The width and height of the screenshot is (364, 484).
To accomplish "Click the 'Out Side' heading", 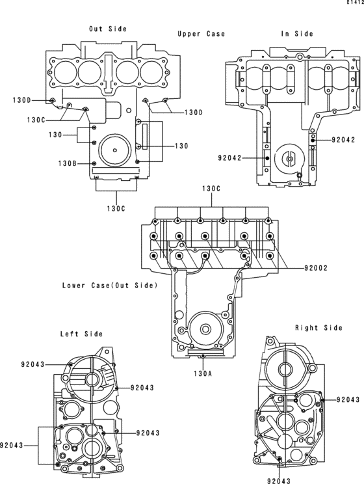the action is (108, 29).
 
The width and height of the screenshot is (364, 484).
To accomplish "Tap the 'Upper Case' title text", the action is (201, 34).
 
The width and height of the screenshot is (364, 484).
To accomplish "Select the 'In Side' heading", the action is (297, 34).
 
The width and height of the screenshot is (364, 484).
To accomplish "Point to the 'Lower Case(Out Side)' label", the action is (110, 285).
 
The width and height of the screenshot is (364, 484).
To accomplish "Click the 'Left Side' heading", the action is (81, 334).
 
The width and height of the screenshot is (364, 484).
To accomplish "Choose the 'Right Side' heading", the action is (319, 327).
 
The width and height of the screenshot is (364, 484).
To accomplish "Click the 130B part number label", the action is (68, 163).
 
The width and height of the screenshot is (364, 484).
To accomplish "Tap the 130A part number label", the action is (203, 373).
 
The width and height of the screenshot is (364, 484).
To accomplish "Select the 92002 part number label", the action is (316, 268).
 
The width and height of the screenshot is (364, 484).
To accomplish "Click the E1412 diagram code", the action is (355, 2).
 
